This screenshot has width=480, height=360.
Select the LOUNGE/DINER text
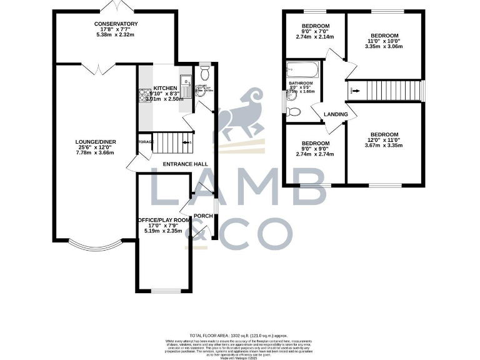coord(96,142)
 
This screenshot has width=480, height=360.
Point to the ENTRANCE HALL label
coord(185,164)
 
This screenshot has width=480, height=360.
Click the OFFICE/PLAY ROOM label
coord(164,221)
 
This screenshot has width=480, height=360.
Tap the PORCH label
coord(202,216)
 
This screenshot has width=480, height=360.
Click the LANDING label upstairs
coord(334,114)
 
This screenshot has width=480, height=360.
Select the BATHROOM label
coord(300,82)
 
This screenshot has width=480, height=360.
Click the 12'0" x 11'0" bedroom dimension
coord(384,141)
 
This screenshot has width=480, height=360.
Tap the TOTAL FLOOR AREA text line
coord(240,336)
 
